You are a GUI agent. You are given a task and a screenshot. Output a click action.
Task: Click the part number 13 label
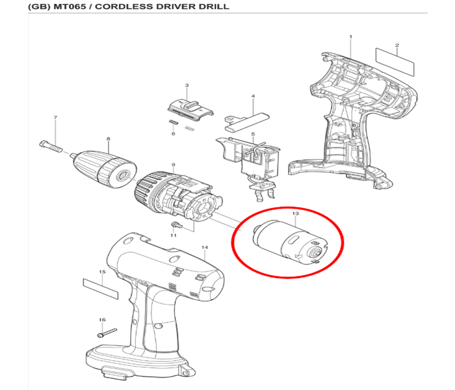(295, 214)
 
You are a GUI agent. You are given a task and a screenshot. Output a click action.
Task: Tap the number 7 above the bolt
(55, 118)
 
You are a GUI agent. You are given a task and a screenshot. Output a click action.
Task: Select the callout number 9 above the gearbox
(174, 165)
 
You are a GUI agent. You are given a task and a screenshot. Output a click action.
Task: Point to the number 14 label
(205, 247)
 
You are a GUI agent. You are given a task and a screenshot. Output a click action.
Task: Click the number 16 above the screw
(102, 320)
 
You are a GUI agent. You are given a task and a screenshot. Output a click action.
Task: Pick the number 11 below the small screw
(174, 235)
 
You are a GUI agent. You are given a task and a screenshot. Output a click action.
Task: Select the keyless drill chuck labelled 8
(105, 168)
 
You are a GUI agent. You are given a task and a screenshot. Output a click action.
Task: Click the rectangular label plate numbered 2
(395, 62)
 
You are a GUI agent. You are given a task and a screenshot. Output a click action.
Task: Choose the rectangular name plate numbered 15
(101, 289)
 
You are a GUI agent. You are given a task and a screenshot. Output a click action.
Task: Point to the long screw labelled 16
(107, 333)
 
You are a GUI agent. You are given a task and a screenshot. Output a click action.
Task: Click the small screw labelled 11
(176, 225)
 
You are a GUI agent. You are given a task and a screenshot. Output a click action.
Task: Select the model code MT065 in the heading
(70, 6)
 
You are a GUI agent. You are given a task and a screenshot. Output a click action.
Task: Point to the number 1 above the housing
(350, 37)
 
